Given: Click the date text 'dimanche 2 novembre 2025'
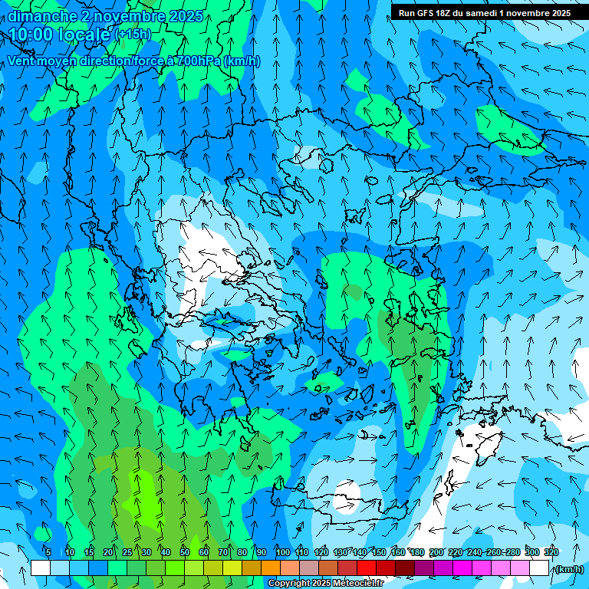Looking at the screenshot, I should point(105,16).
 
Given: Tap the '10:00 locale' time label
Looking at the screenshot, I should point(60,35).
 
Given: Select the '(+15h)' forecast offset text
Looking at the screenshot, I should point(133,35).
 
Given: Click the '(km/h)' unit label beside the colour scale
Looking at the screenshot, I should point(568,569).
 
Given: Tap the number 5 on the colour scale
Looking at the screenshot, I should point(48,552).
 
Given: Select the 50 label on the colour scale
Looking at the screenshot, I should point(185,552).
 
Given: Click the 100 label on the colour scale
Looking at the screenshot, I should point(282,552).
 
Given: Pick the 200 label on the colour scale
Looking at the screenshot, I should point(436,552).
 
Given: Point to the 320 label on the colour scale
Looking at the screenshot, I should point(551,552).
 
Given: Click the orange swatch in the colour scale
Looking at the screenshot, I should point(271,568).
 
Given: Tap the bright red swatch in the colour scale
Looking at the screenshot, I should point(367,568).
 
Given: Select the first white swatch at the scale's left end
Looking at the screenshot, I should point(41,568).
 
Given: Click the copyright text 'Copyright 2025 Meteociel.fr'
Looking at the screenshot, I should point(325,584).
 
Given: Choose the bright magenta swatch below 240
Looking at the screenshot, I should point(482,568).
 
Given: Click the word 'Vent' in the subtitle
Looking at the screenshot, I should point(21,61).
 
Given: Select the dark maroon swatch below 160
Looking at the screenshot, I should point(405,568).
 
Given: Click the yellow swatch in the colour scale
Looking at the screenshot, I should point(213,568).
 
